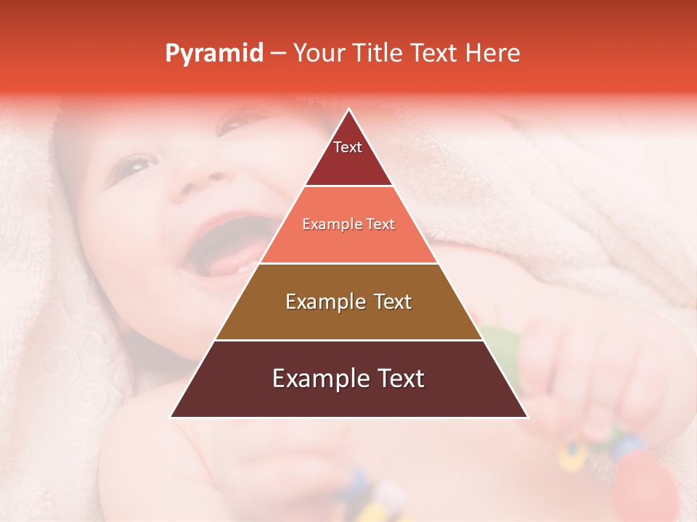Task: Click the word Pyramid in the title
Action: (x=214, y=54)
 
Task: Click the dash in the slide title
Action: (x=279, y=54)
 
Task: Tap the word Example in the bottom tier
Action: (x=317, y=378)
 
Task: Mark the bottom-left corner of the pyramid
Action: (x=171, y=417)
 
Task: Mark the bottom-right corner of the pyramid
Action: (x=527, y=417)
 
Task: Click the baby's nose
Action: (x=200, y=181)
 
